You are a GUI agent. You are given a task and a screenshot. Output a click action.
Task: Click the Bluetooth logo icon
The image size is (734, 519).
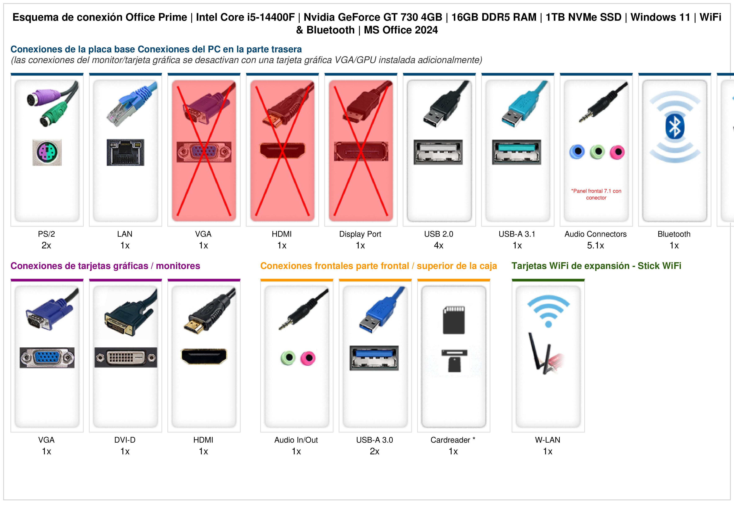675,127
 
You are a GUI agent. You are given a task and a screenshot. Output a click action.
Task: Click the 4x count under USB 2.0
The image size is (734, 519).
439,246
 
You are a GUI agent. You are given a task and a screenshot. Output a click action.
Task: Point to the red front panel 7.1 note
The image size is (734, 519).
596,194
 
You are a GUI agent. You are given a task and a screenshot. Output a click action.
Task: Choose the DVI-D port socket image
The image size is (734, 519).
126,357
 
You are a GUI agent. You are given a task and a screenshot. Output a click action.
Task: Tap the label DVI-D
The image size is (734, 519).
125,440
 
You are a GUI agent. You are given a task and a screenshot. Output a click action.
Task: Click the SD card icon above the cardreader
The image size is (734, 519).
454,320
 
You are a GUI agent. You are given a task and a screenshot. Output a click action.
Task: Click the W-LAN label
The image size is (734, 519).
548,440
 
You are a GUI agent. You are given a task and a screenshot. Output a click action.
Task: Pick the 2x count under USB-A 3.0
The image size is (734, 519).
375,452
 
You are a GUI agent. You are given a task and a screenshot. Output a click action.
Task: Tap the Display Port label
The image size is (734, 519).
360,234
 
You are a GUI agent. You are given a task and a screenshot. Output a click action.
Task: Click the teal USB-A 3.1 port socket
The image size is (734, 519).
517,152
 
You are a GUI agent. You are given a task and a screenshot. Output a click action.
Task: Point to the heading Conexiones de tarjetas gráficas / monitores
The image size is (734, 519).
105,266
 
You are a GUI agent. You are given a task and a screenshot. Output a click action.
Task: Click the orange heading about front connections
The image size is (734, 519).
379,266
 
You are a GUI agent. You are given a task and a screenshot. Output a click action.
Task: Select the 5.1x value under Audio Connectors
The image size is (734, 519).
595,246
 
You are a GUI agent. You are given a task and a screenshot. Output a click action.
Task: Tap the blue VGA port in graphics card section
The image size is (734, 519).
47,357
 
